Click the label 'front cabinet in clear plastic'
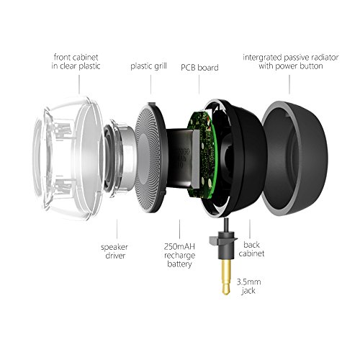coord(76,62)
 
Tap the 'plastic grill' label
coord(148,66)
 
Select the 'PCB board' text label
coord(199,68)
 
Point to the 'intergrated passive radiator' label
coord(291,58)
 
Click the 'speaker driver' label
coord(114,251)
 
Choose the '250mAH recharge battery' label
coord(179,255)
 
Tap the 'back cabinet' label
coord(251,249)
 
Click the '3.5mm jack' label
coord(249,286)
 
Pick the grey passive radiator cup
coord(294,158)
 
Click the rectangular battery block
coord(183,158)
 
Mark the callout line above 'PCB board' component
coord(199,84)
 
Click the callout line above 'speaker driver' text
coord(117,229)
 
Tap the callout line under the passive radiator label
coord(289,84)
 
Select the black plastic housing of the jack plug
coord(224,245)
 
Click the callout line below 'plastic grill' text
coord(151,84)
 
